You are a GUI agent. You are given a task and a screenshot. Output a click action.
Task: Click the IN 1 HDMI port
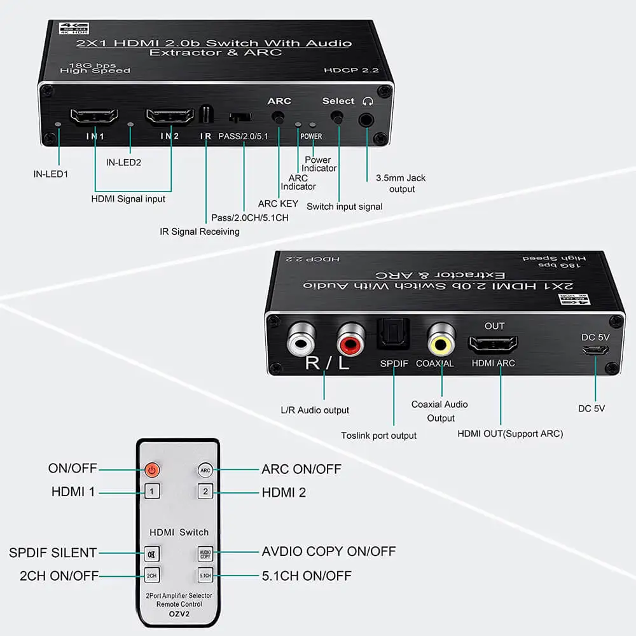(x=94, y=116)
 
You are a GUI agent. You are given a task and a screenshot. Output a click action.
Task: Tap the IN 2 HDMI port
(x=170, y=116)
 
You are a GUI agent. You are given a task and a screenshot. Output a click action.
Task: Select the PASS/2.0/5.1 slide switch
(x=240, y=117)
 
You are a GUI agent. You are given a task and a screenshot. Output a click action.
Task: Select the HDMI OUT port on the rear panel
(x=493, y=344)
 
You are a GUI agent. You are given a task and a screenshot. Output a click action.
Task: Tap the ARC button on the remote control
(x=205, y=471)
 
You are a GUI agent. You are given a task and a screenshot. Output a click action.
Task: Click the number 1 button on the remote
(x=151, y=491)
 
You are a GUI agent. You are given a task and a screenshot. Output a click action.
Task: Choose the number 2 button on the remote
(x=205, y=491)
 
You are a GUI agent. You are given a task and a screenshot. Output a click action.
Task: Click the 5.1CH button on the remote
(x=205, y=576)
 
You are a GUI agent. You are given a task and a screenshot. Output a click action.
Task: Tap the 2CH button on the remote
(x=151, y=576)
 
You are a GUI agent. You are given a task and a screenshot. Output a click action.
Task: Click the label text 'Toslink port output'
(x=378, y=435)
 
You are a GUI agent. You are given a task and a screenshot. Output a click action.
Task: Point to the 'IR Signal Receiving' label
(x=200, y=232)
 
